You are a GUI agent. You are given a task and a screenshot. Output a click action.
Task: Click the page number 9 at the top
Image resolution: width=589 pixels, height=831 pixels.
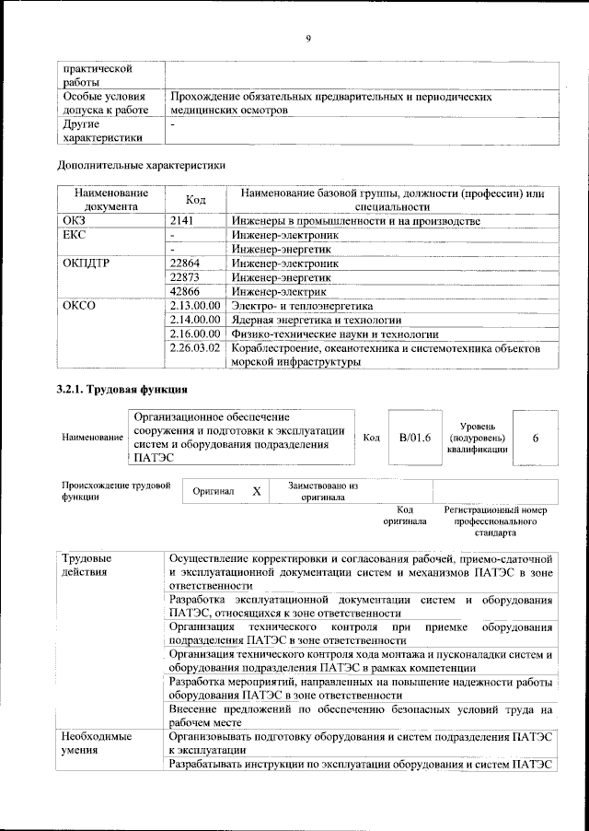click(x=308, y=38)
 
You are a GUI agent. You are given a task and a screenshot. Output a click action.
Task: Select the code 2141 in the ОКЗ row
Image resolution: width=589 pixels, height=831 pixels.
click(x=185, y=222)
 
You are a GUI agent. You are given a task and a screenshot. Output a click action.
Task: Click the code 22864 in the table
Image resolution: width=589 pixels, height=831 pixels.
click(x=189, y=263)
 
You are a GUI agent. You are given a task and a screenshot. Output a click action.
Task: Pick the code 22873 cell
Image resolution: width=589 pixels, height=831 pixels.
click(x=189, y=277)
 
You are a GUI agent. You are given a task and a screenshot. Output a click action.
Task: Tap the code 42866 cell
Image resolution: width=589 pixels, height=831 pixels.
click(x=189, y=291)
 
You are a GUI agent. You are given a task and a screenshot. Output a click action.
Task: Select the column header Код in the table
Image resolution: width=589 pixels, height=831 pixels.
click(x=196, y=200)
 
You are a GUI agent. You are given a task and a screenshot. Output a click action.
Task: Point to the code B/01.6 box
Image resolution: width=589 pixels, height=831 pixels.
click(x=415, y=438)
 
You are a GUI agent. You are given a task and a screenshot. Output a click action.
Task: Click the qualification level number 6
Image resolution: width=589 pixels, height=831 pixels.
click(x=536, y=438)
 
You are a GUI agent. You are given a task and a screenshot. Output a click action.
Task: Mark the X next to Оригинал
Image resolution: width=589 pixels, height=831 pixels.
click(x=257, y=492)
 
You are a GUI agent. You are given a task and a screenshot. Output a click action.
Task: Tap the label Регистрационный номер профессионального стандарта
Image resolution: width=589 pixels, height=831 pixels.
click(x=495, y=521)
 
